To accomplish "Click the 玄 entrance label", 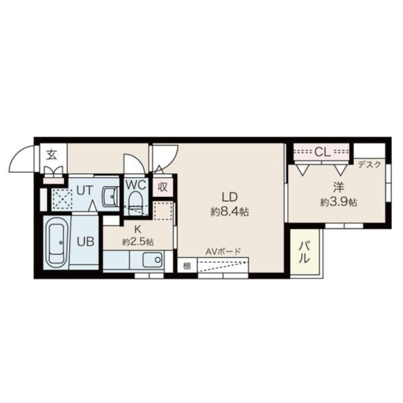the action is (52, 155).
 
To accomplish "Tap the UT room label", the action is (85, 191).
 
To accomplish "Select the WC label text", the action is (136, 184).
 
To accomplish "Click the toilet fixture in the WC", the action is (136, 204).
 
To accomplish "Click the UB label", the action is (86, 242).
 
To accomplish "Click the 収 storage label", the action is (162, 187).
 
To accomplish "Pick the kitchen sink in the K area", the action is (152, 259).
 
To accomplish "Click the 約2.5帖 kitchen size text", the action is (138, 242).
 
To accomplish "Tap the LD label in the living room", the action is (229, 197).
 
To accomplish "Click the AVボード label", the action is (223, 251).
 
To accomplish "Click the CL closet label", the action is (322, 153).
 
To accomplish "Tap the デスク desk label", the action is (369, 165).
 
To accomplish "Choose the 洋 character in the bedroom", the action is (339, 187).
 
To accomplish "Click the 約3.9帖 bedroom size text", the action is (338, 203).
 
